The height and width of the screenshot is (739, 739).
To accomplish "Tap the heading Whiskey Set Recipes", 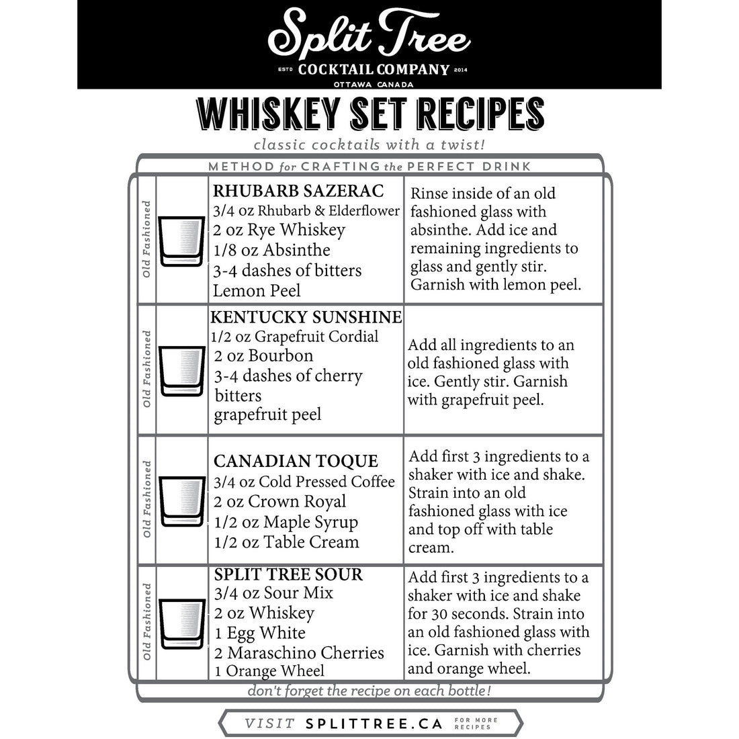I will click(369, 114).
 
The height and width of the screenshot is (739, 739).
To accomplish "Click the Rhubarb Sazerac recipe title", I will click(298, 191).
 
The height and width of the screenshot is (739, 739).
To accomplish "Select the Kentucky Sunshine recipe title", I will click(306, 317).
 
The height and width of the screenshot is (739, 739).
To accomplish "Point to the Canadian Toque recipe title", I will click(296, 462).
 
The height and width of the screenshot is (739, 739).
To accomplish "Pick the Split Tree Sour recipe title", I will click(288, 574).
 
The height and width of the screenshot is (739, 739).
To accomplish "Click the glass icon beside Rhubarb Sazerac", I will click(181, 241).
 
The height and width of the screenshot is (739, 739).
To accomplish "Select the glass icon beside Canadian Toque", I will click(181, 500).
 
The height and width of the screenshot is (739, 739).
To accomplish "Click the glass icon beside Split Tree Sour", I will click(181, 621).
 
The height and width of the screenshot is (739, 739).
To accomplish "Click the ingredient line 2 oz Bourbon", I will click(264, 355).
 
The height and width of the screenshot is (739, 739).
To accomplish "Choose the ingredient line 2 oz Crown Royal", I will click(280, 502).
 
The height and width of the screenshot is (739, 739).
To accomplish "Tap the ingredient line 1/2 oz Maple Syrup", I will click(286, 522).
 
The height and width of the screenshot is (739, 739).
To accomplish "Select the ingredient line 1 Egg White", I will click(260, 633).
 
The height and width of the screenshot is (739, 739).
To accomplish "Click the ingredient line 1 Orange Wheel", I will click(269, 670).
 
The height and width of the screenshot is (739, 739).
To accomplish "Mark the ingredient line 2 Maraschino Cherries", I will click(299, 653).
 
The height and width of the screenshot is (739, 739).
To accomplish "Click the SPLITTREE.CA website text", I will click(374, 724).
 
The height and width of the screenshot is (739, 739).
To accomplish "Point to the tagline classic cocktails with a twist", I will click(369, 144).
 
